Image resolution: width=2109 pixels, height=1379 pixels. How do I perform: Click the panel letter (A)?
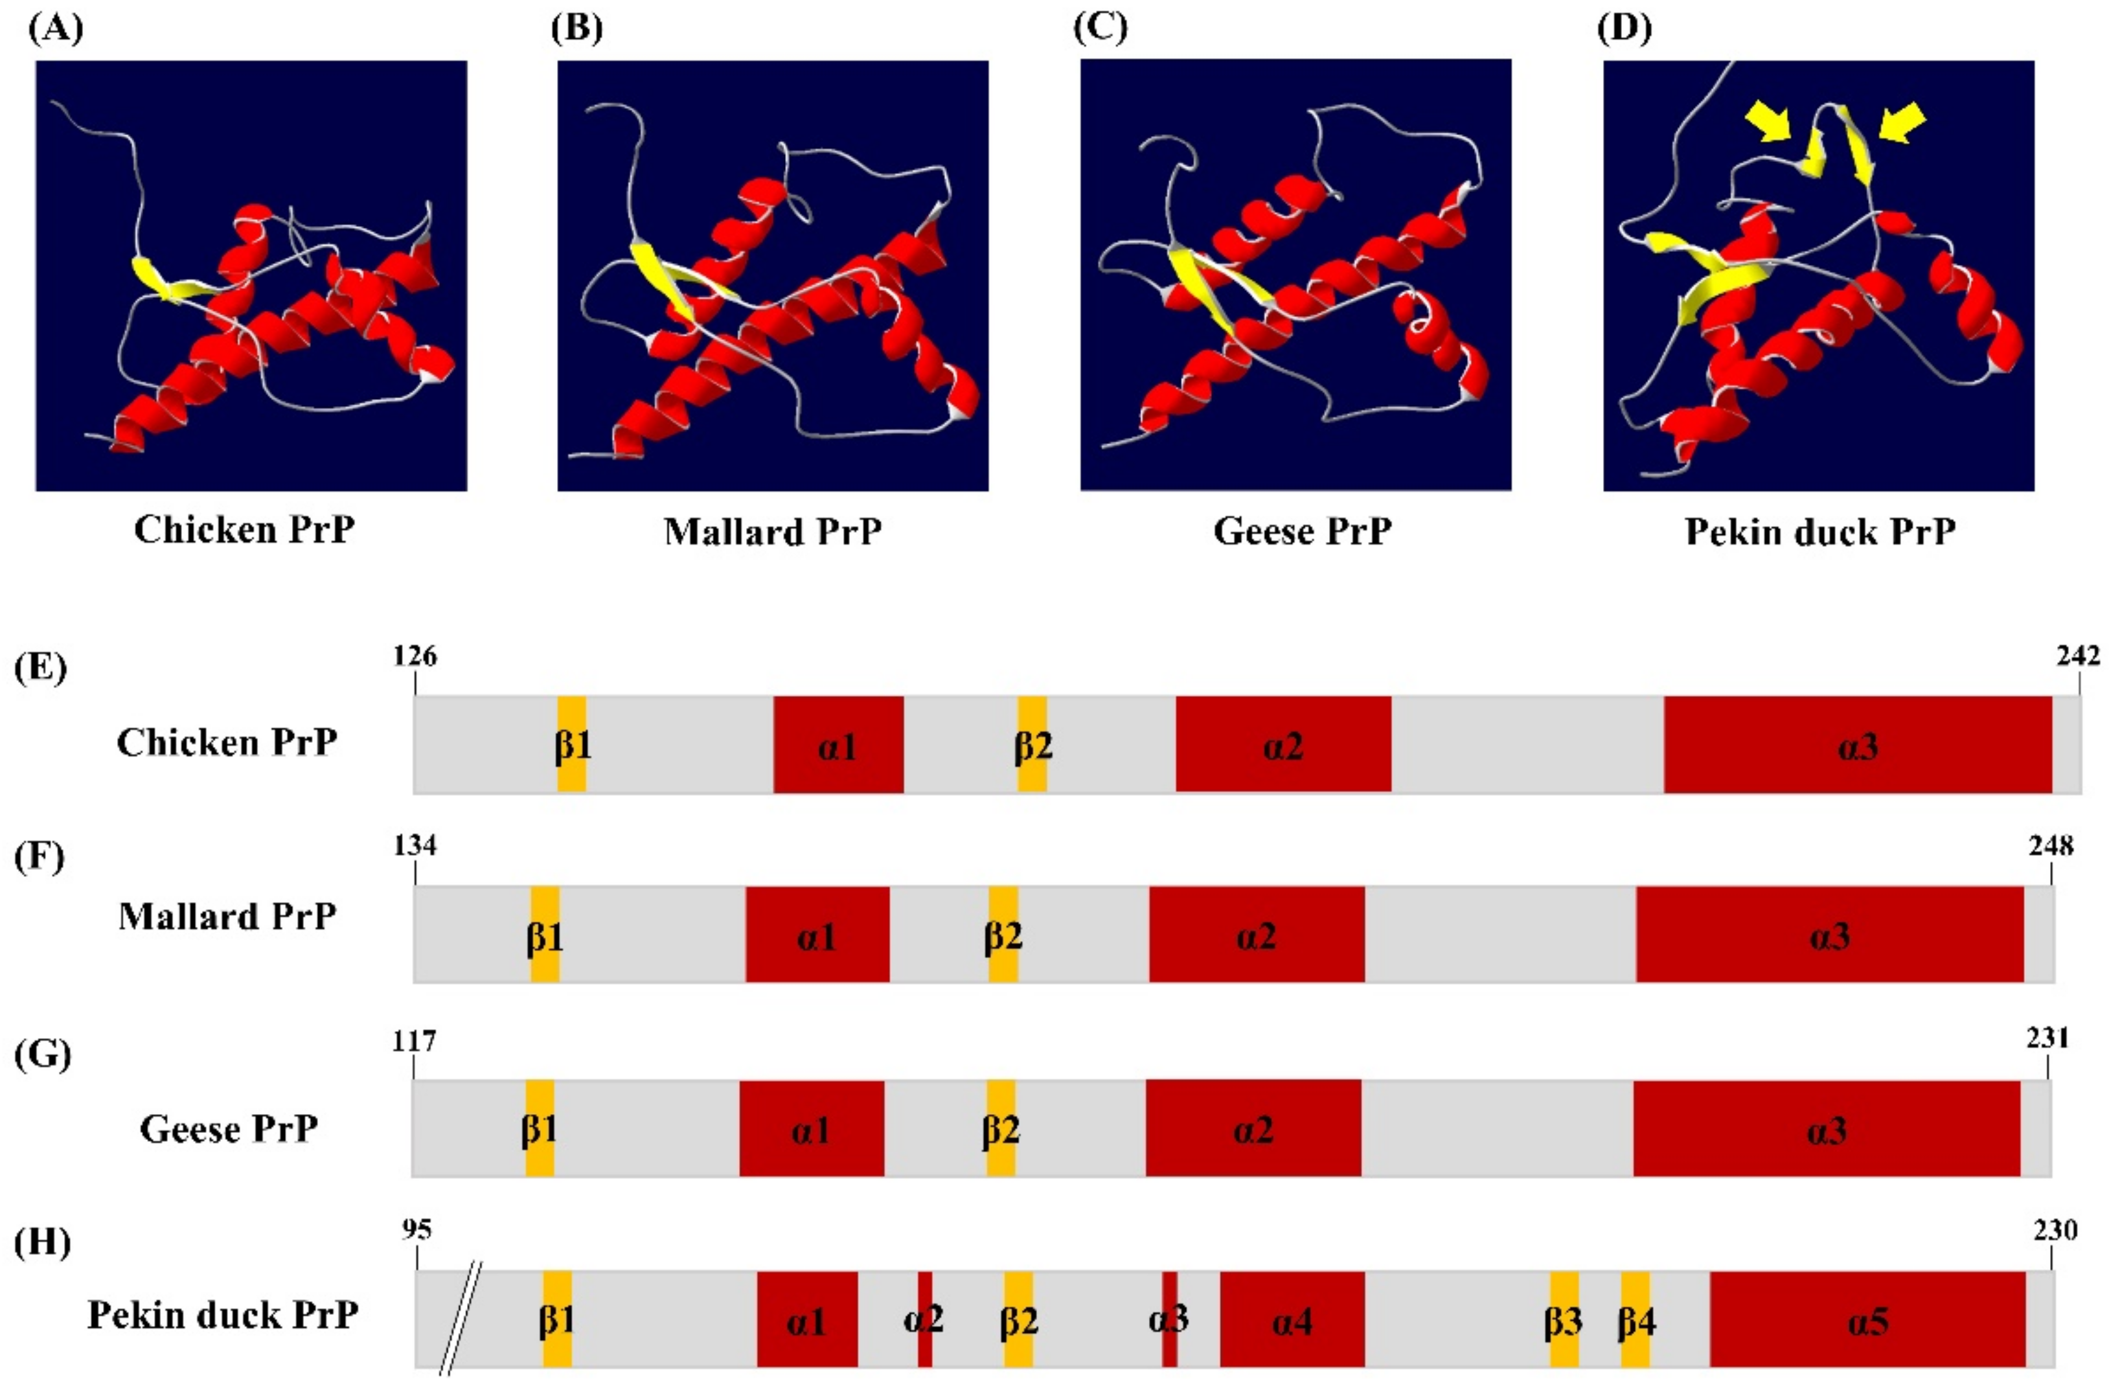coord(55,29)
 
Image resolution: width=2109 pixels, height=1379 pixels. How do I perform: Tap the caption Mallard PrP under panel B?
coord(772,531)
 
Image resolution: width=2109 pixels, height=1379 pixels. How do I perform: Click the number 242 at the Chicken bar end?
coord(2078,656)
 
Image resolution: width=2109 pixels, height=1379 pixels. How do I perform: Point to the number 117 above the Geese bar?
coord(415,1039)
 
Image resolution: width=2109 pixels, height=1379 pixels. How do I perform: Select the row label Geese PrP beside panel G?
coord(229,1129)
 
